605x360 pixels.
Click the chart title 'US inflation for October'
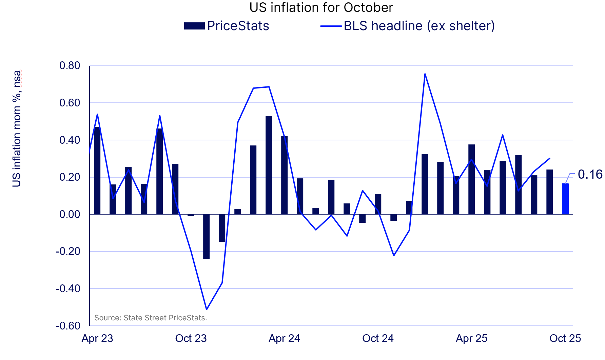(321, 7)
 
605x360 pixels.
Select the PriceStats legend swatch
(194, 26)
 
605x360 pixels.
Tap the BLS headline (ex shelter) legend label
(419, 26)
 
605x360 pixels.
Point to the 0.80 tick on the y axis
(70, 66)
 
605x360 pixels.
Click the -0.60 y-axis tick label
(68, 326)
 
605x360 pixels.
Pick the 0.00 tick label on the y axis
(70, 214)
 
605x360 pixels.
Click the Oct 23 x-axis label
(191, 338)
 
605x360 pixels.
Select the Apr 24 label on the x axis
(284, 338)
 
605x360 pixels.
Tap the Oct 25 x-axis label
(565, 338)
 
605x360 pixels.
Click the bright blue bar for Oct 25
(565, 199)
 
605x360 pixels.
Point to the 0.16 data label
(590, 175)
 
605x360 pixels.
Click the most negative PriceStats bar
(206, 237)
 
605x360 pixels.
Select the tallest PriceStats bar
(269, 165)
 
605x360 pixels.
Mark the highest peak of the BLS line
(425, 74)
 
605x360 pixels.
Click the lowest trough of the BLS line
(206, 309)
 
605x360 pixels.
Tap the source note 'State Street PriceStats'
(151, 318)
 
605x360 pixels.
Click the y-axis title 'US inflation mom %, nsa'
(17, 129)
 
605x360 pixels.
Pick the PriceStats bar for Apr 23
(97, 171)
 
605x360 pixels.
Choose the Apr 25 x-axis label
(471, 338)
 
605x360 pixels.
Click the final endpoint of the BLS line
(549, 158)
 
